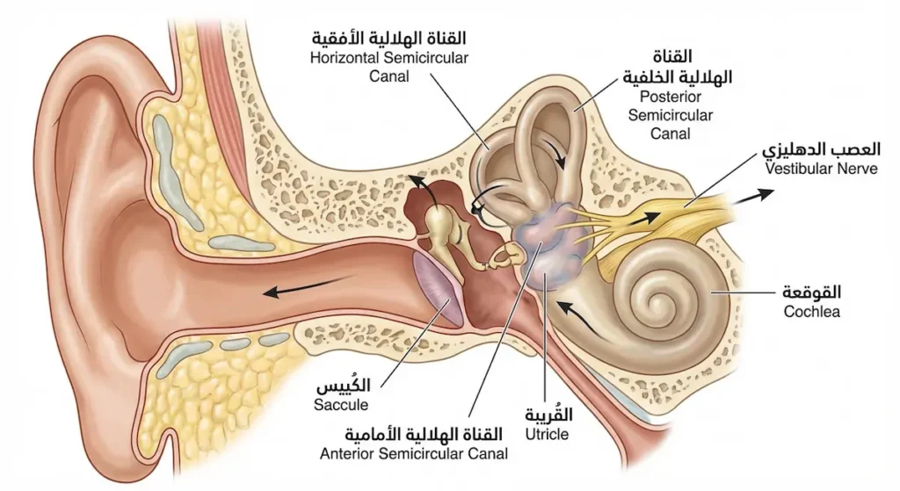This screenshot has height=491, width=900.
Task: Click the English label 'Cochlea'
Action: pyautogui.click(x=811, y=311)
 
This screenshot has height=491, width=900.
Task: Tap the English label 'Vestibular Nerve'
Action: pyautogui.click(x=821, y=168)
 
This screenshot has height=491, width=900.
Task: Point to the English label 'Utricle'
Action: pyautogui.click(x=547, y=434)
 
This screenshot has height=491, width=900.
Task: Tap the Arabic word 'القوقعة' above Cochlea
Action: pyautogui.click(x=811, y=292)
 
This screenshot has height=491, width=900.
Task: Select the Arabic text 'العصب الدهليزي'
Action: pyautogui.click(x=821, y=148)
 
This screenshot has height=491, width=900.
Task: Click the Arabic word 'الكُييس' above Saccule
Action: pyautogui.click(x=342, y=386)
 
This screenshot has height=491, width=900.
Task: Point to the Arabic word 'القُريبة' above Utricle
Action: pyautogui.click(x=547, y=415)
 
